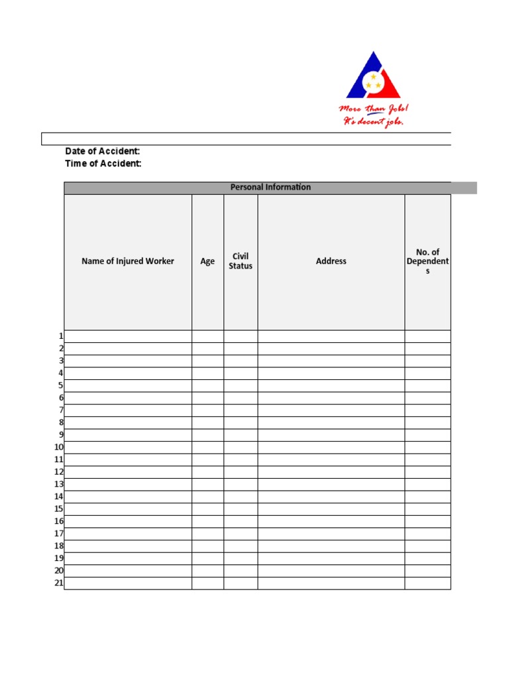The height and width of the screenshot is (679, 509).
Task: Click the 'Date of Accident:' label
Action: (103, 152)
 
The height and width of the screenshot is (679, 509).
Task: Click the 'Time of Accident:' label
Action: (103, 164)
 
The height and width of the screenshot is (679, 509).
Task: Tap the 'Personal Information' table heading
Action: (270, 188)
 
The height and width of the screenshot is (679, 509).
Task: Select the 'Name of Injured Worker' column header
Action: (128, 261)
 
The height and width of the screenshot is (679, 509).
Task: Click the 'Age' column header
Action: (207, 261)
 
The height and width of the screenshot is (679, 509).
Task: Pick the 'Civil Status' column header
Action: (241, 261)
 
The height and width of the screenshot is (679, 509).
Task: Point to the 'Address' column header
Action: (331, 261)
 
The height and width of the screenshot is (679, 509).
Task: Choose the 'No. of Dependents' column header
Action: (427, 261)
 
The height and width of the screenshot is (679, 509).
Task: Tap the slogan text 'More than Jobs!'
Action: (374, 109)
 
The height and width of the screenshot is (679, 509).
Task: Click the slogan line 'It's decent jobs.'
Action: (372, 122)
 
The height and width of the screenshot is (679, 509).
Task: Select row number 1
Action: (61, 336)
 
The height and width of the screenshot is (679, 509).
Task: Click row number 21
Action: (59, 584)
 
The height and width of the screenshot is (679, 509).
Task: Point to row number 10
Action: (59, 448)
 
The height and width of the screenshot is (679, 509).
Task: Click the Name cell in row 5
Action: (128, 386)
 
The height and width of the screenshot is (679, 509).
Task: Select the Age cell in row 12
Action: (207, 472)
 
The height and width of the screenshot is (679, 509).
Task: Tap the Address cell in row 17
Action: (331, 534)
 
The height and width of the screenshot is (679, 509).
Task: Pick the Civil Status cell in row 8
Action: (241, 423)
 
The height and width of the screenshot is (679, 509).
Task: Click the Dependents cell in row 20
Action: (427, 571)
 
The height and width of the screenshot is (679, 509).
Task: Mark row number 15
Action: (59, 509)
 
